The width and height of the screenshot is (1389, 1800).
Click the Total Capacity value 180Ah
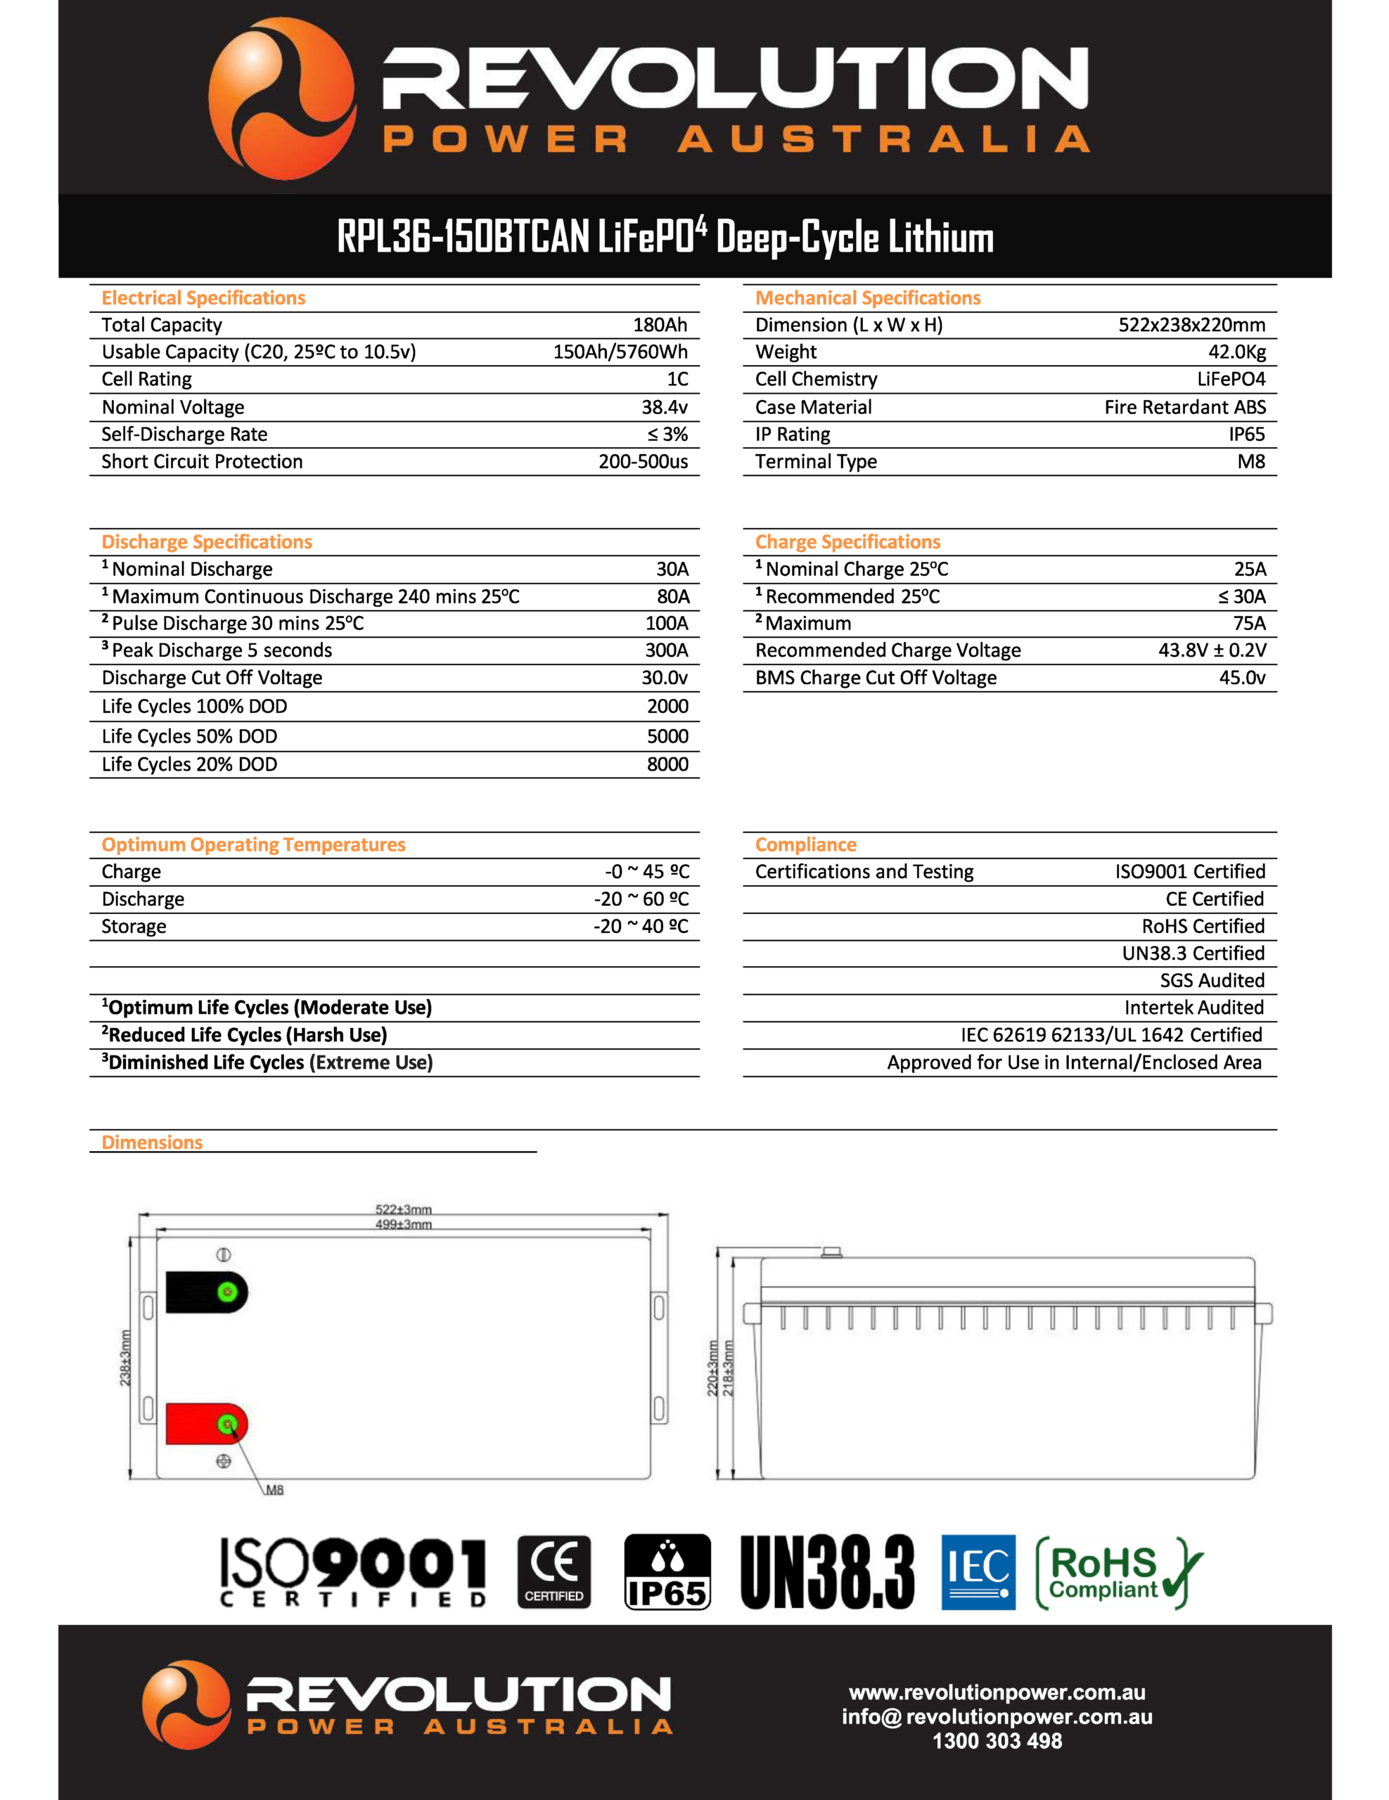pos(660,325)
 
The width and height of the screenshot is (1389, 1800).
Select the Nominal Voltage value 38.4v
pos(665,407)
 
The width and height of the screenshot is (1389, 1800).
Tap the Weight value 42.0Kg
pos(1236,352)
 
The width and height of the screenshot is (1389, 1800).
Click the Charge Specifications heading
pos(847,541)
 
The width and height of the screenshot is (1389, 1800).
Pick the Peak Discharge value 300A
pos(666,650)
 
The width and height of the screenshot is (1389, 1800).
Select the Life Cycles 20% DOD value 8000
pos(667,764)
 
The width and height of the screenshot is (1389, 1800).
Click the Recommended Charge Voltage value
pos(1212,650)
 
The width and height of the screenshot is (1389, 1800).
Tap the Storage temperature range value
pos(641,927)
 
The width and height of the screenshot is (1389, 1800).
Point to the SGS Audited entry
pos(1212,980)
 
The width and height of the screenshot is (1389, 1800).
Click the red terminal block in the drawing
pos(205,1423)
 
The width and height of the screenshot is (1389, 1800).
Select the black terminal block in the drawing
pos(205,1292)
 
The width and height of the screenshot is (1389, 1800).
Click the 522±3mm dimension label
pos(403,1209)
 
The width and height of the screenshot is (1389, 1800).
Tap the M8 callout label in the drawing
pos(274,1489)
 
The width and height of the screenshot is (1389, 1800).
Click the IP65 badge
pos(667,1571)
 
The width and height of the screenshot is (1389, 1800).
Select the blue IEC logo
pos(978,1571)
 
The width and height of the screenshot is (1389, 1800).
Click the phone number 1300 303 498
pos(997,1741)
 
